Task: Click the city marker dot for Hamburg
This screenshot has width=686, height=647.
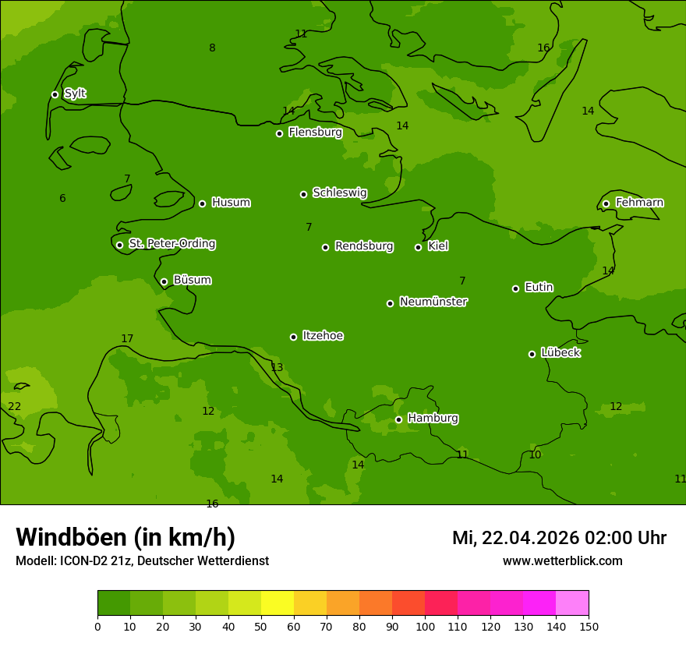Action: click(x=398, y=419)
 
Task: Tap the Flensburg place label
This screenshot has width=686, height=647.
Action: click(x=315, y=133)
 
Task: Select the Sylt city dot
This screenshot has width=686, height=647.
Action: click(x=55, y=94)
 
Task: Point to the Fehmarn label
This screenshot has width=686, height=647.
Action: click(x=639, y=203)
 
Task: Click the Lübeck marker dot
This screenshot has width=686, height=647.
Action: click(x=532, y=354)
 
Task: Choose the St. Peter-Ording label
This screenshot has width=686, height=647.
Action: click(x=171, y=244)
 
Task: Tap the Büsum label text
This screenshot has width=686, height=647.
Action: click(x=192, y=280)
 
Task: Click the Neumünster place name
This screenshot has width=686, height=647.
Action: click(x=433, y=302)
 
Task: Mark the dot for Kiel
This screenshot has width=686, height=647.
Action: click(x=418, y=247)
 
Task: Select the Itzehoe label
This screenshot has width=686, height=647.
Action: click(x=323, y=336)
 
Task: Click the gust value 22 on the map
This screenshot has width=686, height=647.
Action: click(x=15, y=406)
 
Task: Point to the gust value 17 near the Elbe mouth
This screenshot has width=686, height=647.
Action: click(x=127, y=338)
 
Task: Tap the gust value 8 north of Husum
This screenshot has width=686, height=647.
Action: click(x=212, y=48)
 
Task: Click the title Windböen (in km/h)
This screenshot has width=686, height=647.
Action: click(x=126, y=537)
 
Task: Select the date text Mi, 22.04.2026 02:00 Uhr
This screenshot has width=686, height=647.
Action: click(x=559, y=538)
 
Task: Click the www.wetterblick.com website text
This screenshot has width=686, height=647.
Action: click(x=562, y=560)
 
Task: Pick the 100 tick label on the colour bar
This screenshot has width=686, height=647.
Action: click(x=425, y=626)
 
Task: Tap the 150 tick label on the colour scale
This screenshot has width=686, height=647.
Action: click(x=589, y=626)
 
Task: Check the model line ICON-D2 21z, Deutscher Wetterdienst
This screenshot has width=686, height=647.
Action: click(x=142, y=560)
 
